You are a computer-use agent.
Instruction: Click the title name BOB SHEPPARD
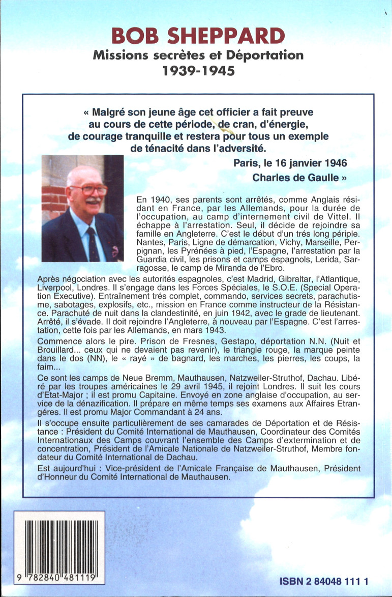pyautogui.click(x=198, y=37)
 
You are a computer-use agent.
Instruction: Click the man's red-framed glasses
pyautogui.click(x=88, y=190)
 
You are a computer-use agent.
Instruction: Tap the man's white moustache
pyautogui.click(x=92, y=201)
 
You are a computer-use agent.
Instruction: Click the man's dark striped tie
pyautogui.click(x=93, y=243)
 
